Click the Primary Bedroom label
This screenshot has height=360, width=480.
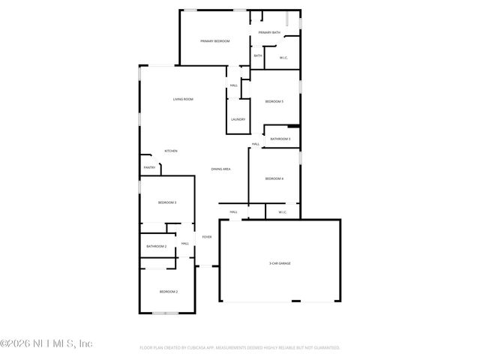(x=215, y=40)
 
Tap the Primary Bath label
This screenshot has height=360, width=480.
(x=269, y=33)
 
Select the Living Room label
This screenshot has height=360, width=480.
(x=183, y=99)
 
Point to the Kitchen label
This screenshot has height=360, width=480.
(x=171, y=151)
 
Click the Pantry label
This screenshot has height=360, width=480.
(x=148, y=167)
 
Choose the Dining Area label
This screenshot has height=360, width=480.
(x=220, y=169)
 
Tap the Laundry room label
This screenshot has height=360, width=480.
(x=238, y=119)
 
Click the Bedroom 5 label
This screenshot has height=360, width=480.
(x=274, y=101)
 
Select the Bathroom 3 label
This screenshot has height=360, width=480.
(x=280, y=139)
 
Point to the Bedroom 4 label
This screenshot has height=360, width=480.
(x=274, y=178)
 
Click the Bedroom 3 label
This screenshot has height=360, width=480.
(x=166, y=202)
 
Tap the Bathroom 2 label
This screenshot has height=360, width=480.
(x=156, y=246)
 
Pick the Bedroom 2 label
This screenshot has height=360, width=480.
(x=168, y=291)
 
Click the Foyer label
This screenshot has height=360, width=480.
(x=206, y=237)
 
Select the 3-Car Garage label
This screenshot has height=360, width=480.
(x=280, y=263)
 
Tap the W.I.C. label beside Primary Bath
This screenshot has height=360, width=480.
(x=283, y=58)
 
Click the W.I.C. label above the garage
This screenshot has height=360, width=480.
(x=283, y=212)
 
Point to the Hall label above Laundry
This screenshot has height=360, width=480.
(x=234, y=85)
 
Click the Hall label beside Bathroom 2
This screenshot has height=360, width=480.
(x=184, y=243)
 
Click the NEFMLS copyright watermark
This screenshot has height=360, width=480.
(x=46, y=343)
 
